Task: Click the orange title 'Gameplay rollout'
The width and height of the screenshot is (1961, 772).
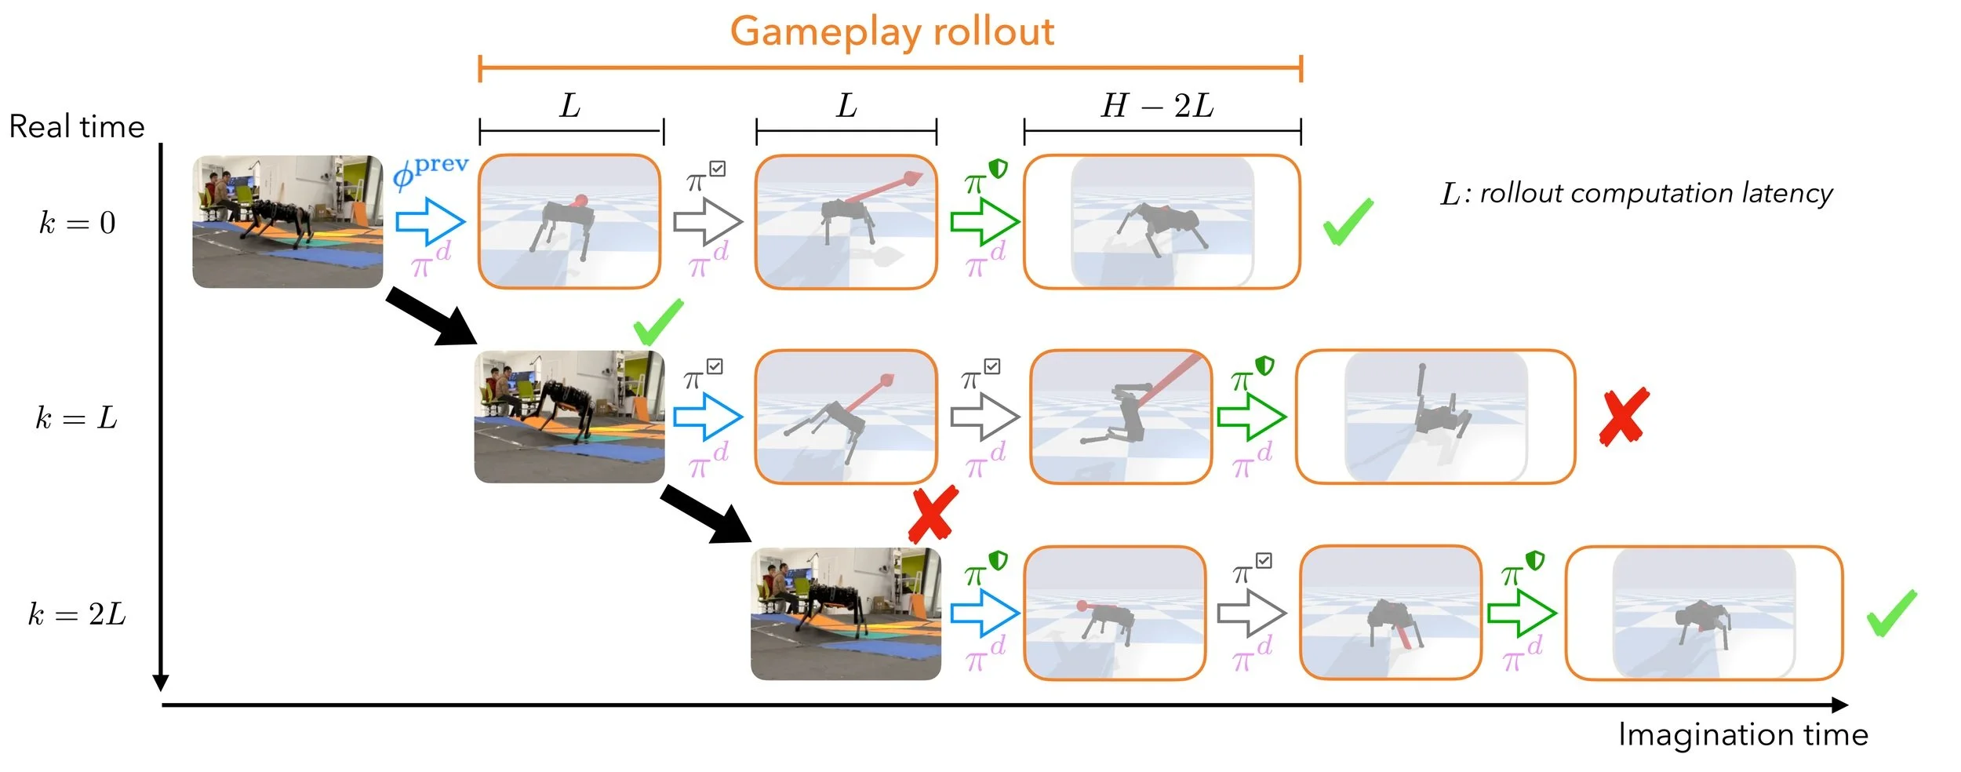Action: (892, 32)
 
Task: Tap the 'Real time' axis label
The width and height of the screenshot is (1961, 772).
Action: (77, 127)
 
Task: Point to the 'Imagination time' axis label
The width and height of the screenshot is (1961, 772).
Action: (1743, 735)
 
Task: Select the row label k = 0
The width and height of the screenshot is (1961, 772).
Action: (78, 223)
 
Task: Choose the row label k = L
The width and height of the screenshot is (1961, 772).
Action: (77, 418)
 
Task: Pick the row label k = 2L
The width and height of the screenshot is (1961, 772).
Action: (77, 614)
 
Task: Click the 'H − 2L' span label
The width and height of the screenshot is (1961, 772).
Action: (1158, 106)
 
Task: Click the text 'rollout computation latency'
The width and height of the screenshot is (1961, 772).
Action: (1655, 193)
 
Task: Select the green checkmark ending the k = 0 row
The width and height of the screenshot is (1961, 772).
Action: (1348, 221)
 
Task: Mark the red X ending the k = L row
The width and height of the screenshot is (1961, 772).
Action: (1624, 417)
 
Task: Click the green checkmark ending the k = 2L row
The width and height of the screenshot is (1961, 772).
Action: (1891, 613)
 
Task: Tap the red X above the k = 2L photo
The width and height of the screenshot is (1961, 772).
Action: (933, 514)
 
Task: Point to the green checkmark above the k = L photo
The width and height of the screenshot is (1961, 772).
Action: (658, 322)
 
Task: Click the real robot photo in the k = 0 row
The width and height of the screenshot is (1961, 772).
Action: (287, 221)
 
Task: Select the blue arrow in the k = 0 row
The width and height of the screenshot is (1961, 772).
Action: (430, 221)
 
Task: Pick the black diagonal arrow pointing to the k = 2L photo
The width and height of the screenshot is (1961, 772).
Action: (706, 515)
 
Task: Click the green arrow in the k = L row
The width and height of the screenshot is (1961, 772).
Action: (1251, 417)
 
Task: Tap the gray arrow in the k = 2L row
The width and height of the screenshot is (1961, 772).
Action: (1251, 613)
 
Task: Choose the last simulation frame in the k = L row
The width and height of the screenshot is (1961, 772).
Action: (1435, 417)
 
